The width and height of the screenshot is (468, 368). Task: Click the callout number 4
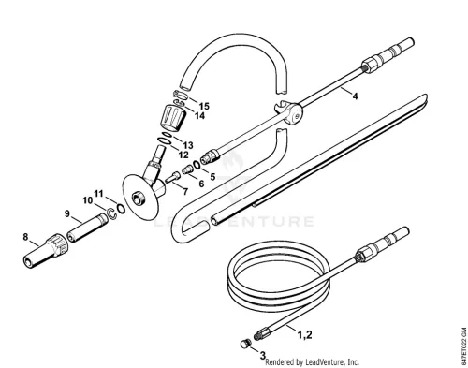[x=355, y=96]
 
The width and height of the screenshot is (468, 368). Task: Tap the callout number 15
[x=204, y=106]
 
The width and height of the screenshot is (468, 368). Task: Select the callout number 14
[x=199, y=116]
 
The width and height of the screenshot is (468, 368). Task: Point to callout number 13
[x=188, y=145]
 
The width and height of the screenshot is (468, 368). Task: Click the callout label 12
[x=183, y=155]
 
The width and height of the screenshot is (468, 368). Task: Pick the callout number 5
[x=212, y=177]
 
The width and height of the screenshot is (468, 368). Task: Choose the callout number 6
[x=201, y=184]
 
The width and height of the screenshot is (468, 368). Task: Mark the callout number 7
[x=185, y=191]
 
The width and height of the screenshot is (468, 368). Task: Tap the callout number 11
[x=98, y=194]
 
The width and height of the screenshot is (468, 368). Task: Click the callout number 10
[x=88, y=200]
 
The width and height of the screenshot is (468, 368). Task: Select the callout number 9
[x=67, y=213]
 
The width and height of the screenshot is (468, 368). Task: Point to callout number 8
[x=25, y=237]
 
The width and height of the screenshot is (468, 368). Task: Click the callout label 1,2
[x=304, y=335]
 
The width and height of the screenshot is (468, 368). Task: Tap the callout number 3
[x=263, y=355]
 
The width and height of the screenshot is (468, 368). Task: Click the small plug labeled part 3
[x=245, y=343]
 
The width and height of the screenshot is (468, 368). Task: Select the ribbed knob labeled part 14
[x=173, y=116]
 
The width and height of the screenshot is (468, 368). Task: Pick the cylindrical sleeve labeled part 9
[x=87, y=227]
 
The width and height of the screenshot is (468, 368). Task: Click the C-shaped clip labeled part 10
[x=111, y=213]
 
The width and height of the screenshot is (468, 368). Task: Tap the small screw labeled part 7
[x=172, y=178]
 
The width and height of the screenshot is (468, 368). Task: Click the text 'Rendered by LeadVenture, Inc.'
[x=312, y=362]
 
